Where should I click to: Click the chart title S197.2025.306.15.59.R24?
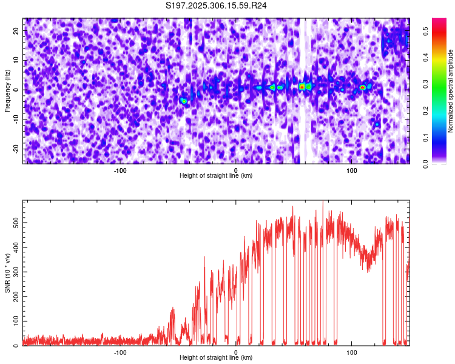pos(217,5)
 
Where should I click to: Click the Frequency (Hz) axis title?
pos(8,91)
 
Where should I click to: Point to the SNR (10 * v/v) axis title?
pos(8,273)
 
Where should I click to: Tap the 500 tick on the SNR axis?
pos(15,223)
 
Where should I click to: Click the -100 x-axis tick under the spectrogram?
pos(120,170)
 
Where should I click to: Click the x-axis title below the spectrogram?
pos(216,176)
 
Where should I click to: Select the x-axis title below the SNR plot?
pos(216,358)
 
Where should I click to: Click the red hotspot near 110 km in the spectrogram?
pos(363,87)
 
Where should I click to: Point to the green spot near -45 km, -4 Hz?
pos(184,101)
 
